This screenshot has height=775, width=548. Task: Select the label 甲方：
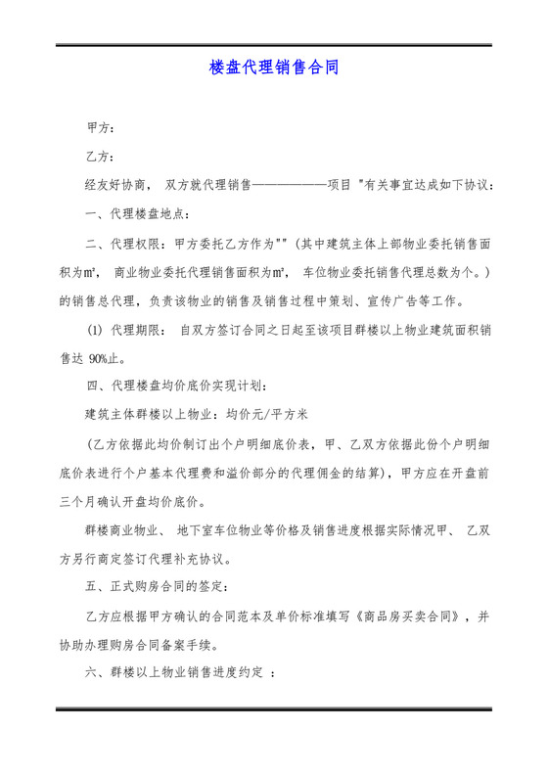[x=102, y=129]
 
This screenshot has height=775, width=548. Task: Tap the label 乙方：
[x=102, y=157]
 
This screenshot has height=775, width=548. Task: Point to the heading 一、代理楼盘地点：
[x=138, y=213]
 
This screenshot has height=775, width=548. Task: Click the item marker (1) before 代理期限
[x=97, y=330]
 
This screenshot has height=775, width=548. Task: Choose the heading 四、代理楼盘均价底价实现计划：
[x=174, y=385]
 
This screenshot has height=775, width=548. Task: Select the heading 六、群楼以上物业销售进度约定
[x=176, y=673]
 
